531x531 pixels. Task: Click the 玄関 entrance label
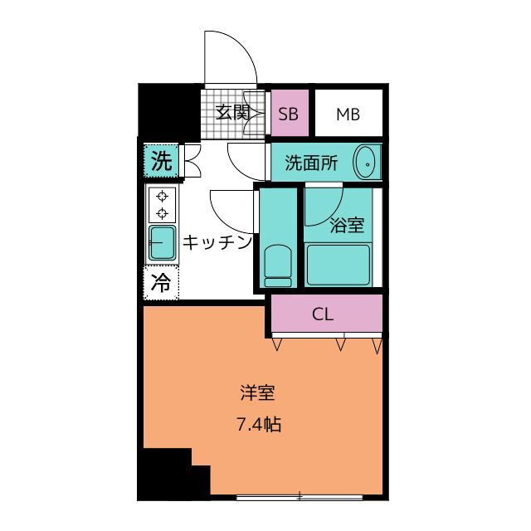coord(233,113)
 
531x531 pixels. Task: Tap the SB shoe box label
coord(289,114)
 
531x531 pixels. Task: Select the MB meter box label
coord(348,114)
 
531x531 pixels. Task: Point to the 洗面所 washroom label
coord(311,163)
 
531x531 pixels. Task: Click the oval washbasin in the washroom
coord(364,162)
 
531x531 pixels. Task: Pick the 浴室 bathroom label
coord(347,225)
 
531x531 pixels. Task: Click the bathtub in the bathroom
coord(338,265)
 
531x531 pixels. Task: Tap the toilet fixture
coord(278,266)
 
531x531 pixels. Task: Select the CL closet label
coord(323,314)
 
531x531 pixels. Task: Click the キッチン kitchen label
coord(217,242)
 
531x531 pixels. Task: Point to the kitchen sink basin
coord(163,242)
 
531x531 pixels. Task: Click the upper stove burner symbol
coord(163,196)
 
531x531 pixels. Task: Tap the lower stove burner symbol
coord(163,213)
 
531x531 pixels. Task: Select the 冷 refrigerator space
coord(161,283)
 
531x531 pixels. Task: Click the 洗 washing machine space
coord(161,161)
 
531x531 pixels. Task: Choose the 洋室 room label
coord(257,393)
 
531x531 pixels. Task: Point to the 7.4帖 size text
coord(259,424)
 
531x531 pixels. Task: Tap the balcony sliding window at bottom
coord(300,498)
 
